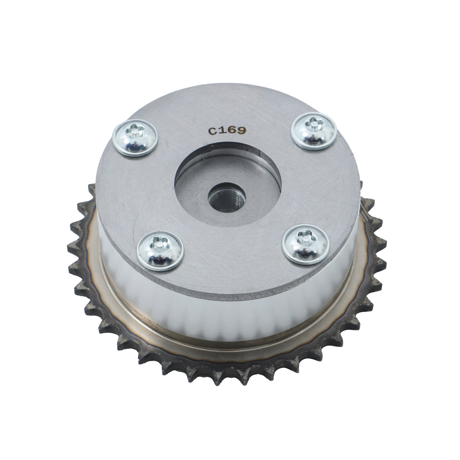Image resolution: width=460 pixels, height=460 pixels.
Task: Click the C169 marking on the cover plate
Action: coord(227,131)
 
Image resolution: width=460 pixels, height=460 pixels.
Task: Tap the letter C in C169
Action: coord(212,131)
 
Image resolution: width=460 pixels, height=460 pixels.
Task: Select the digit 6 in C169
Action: coord(232,130)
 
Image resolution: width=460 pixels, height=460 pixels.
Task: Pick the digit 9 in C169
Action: coord(242,130)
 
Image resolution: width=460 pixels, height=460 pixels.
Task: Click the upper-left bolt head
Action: coord(135,138)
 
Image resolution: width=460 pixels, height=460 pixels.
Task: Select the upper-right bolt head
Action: coord(314,131)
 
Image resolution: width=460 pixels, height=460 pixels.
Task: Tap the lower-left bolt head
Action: coord(160,251)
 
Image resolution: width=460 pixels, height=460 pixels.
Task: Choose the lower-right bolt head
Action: coord(306,245)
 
